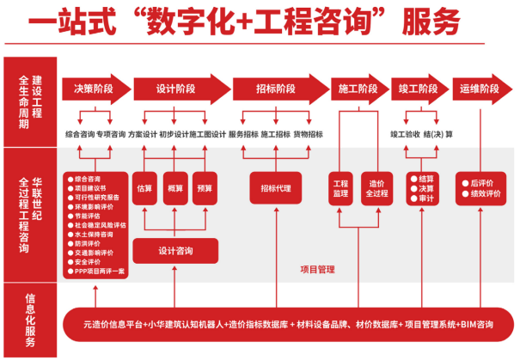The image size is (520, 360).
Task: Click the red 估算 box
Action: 144,187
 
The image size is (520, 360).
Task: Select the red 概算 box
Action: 175,187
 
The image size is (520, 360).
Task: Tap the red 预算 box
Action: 205,187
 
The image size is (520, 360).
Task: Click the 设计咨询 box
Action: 175,251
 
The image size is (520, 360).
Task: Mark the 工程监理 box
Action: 341,188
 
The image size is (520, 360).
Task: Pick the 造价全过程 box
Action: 376,188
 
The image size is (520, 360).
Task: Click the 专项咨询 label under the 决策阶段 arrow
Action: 111,134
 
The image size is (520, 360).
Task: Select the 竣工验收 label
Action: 406,134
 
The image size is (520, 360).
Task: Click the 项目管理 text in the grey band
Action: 317,268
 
